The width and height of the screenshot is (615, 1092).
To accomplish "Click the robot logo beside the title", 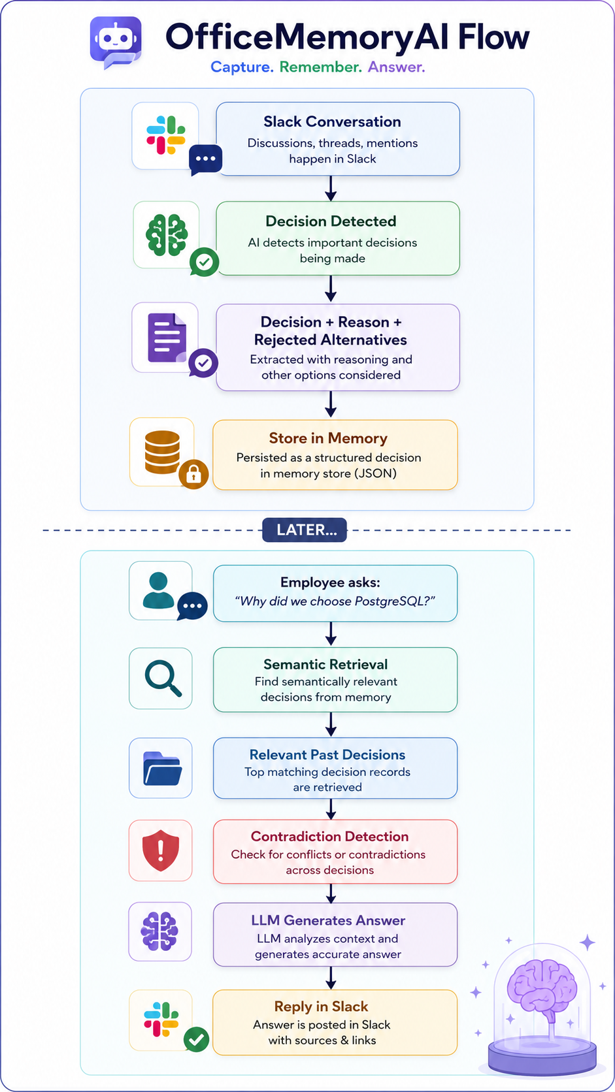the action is (x=116, y=42).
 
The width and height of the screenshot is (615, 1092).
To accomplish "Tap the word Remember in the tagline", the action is (x=321, y=67).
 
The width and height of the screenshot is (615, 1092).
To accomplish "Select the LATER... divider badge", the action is (x=305, y=530).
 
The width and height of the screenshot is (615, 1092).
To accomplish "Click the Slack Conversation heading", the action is (x=332, y=122).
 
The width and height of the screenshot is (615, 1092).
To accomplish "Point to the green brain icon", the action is (x=166, y=236).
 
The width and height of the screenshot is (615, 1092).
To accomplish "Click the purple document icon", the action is (x=167, y=338).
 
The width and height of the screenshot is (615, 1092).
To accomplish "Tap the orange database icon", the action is (x=162, y=452).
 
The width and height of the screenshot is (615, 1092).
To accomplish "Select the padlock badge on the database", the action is (x=193, y=474).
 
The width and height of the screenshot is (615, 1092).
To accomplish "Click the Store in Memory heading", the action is (x=328, y=438).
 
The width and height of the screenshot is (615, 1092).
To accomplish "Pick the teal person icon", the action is (x=159, y=590).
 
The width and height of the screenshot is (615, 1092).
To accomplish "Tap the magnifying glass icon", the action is (x=163, y=678).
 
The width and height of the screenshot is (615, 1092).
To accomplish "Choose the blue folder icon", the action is (x=162, y=768).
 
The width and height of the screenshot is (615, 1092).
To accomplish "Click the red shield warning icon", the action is (x=161, y=850).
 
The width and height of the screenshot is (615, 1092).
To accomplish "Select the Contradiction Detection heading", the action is (x=329, y=837).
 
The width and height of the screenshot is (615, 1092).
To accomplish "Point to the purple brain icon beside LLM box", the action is (x=159, y=931).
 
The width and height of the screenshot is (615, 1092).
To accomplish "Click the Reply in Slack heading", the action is (x=321, y=1006).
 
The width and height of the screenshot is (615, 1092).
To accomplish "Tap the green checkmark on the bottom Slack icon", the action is (x=197, y=1040).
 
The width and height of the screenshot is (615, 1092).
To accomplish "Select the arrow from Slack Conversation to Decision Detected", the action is (x=331, y=188).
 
